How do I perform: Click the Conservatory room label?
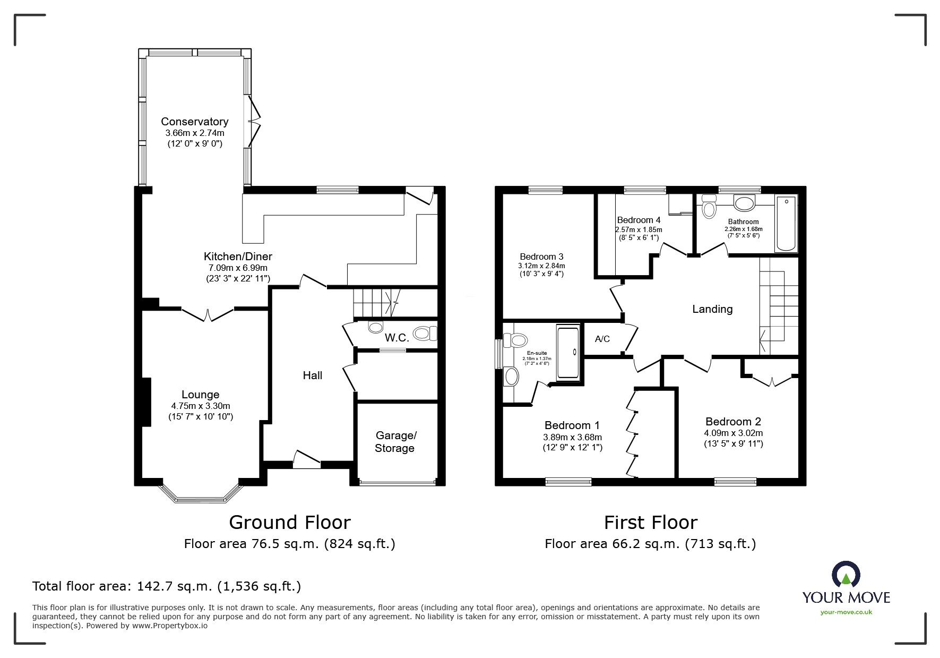pyautogui.click(x=195, y=122)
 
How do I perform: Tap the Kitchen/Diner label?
pyautogui.click(x=238, y=257)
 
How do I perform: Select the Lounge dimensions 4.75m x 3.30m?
pyautogui.click(x=200, y=406)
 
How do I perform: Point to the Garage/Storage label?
pyautogui.click(x=394, y=442)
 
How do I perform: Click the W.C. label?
pyautogui.click(x=396, y=337)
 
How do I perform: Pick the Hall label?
pyautogui.click(x=313, y=375)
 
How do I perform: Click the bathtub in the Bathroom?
pyautogui.click(x=786, y=224)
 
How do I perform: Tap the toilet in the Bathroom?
pyautogui.click(x=709, y=206)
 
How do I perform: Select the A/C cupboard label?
pyautogui.click(x=602, y=339)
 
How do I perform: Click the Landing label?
pyautogui.click(x=712, y=309)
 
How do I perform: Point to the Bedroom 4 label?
pyautogui.click(x=639, y=220)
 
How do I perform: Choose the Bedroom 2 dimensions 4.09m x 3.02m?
pyautogui.click(x=733, y=433)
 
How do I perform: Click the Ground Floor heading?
pyautogui.click(x=290, y=523)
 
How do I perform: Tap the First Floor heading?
pyautogui.click(x=650, y=523)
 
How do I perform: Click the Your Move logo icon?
pyautogui.click(x=846, y=574)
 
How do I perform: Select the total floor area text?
pyautogui.click(x=167, y=586)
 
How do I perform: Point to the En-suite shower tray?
pyautogui.click(x=569, y=354)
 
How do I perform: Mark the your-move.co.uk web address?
pyautogui.click(x=846, y=612)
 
